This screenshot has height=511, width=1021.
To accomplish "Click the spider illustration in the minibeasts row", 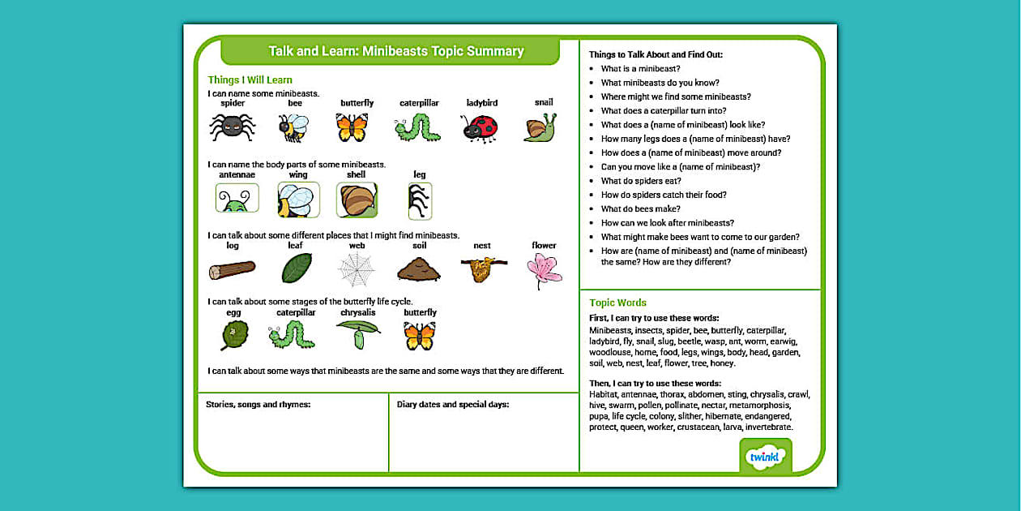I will click(233, 126).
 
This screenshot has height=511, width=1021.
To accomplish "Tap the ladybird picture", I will click(479, 128).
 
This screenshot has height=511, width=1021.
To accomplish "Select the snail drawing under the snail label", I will click(540, 127).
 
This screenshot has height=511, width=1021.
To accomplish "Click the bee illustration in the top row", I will click(293, 127).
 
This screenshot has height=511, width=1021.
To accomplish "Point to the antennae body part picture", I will click(237, 198).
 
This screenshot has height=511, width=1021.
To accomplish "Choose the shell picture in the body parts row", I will click(357, 200).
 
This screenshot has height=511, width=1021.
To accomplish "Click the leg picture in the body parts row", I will click(420, 200).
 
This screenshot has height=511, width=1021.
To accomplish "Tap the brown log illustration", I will click(232, 269).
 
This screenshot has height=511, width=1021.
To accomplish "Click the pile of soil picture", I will click(419, 268).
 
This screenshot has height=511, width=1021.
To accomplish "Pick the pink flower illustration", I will click(544, 270).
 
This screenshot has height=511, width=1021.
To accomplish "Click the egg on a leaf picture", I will click(234, 335).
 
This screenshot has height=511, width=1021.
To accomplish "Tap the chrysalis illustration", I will click(357, 333).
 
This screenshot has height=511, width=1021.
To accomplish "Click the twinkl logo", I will click(766, 456).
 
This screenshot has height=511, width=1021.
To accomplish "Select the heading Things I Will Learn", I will click(250, 79).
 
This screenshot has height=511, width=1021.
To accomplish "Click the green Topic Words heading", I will click(617, 303).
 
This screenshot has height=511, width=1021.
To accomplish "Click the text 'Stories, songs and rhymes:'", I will click(258, 404).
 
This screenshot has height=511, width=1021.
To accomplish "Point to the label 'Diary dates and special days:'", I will click(453, 404).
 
